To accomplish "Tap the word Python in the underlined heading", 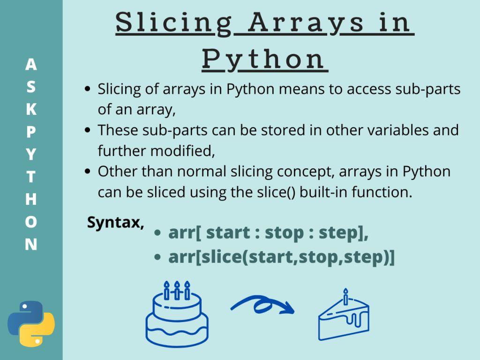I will coord(264,59).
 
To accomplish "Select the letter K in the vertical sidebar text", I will coord(31,109).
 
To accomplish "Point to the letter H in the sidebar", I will coord(31,199).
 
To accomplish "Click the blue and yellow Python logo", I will coord(31,324).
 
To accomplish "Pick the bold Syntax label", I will coord(115,223).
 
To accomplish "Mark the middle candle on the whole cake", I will coord(177,290).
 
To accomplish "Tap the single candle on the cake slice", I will coord(346,297).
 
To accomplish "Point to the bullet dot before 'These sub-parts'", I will coord(87,130).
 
